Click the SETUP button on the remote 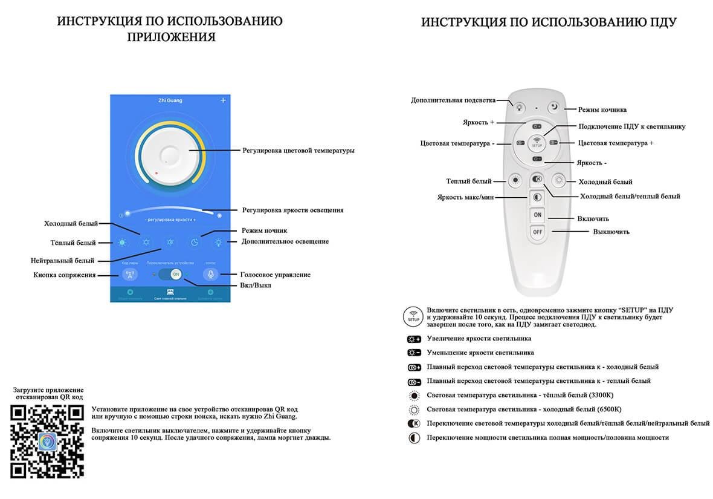[537, 143]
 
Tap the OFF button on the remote [537, 232]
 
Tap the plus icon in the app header [223, 100]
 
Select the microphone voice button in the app [211, 274]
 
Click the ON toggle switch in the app [175, 274]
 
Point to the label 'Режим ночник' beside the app [264, 230]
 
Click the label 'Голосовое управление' [275, 275]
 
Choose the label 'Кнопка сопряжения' [64, 275]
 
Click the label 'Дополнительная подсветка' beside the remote [453, 100]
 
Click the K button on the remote [537, 180]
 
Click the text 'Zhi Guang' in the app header [170, 100]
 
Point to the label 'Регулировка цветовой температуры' [298, 151]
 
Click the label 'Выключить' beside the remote [611, 232]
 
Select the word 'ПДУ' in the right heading [664, 22]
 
